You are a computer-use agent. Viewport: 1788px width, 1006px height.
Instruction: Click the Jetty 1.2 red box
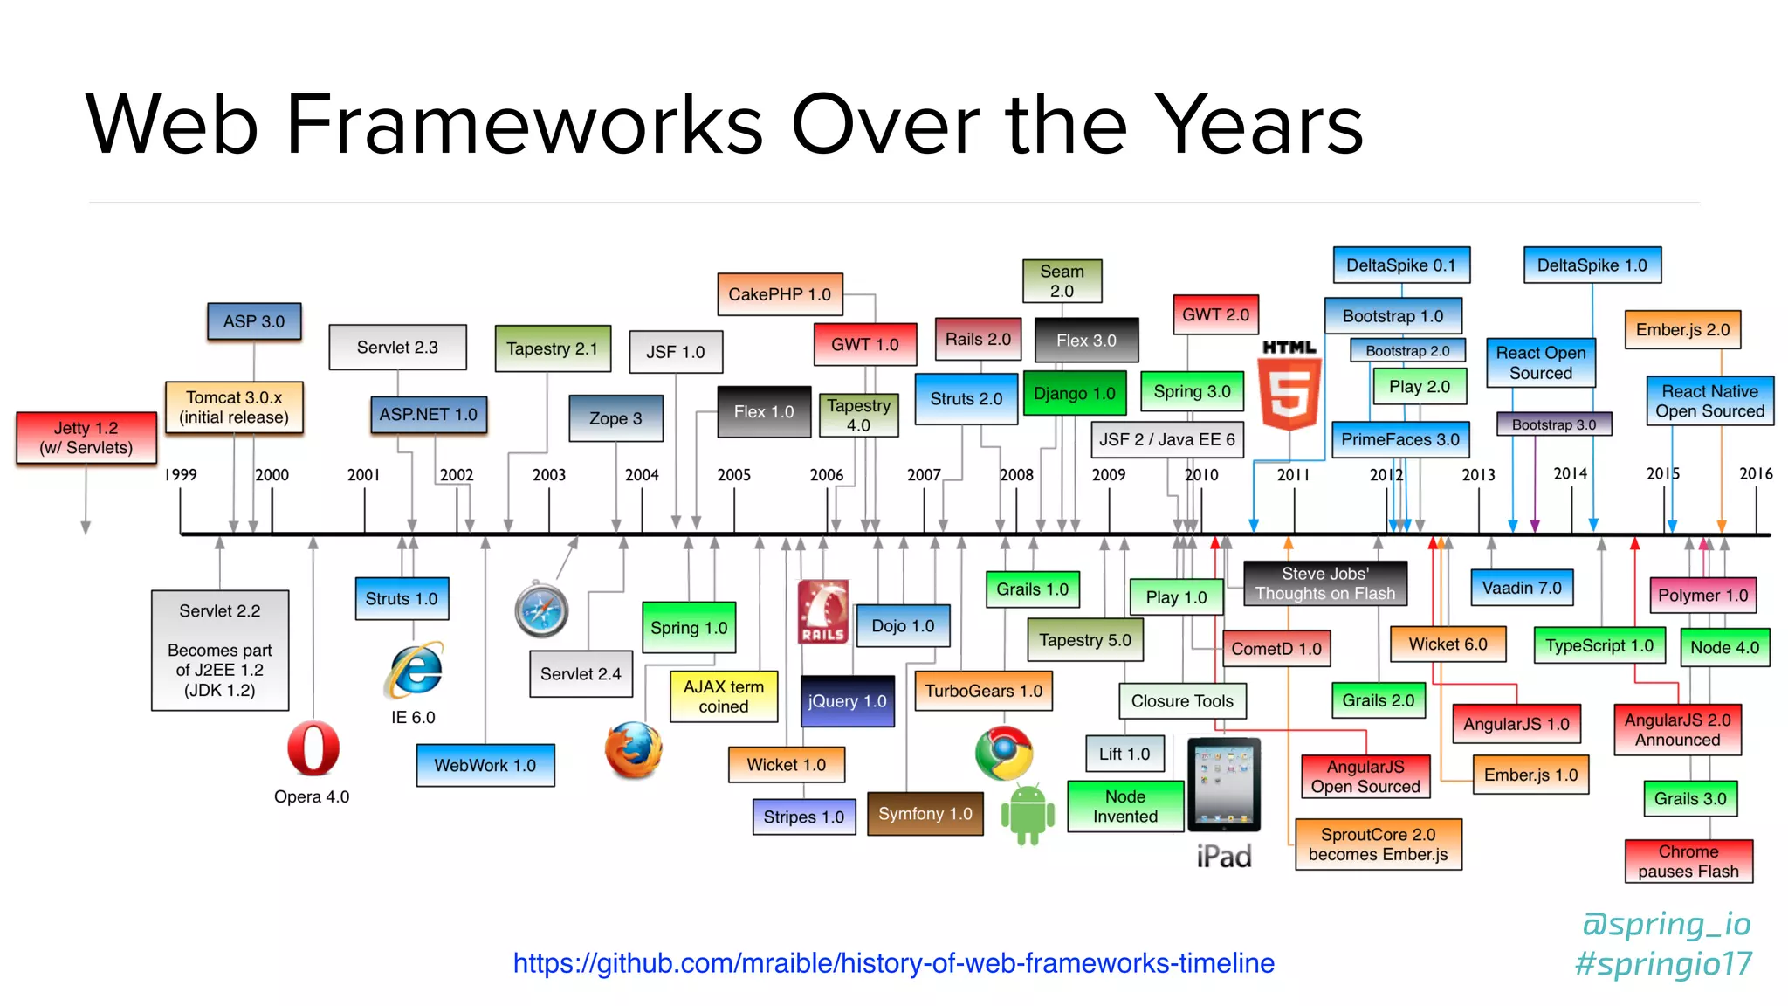coord(86,438)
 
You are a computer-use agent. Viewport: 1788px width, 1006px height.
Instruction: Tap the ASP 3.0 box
coord(254,321)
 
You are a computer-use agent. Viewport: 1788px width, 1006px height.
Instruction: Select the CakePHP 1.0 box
coord(780,294)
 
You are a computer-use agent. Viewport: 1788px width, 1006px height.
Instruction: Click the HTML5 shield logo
coord(1289,386)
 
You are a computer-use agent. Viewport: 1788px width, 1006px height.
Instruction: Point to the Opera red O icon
coord(313,748)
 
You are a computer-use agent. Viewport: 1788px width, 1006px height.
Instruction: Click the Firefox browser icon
coord(633,750)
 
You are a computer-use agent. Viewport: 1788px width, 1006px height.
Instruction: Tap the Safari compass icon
coord(541,610)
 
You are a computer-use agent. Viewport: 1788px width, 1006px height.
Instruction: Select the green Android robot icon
coord(1028,813)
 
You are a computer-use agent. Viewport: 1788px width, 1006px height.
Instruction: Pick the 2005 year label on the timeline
coord(733,475)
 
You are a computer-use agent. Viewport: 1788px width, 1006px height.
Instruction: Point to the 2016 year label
coord(1755,474)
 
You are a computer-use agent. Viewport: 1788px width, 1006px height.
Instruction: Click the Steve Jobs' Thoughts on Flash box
coord(1324,583)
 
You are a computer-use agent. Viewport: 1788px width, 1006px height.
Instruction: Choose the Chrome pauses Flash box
coord(1688,861)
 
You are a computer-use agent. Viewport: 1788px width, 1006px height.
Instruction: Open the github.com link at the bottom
coord(893,963)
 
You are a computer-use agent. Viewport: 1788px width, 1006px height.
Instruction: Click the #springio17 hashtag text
coord(1663,964)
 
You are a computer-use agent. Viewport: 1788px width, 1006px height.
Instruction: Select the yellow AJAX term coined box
coord(723,697)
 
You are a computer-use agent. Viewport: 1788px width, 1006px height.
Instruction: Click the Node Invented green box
coord(1124,806)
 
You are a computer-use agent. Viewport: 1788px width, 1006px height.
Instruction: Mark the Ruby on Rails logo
coord(822,612)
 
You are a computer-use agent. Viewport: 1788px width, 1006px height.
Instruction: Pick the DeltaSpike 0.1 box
coord(1400,265)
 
